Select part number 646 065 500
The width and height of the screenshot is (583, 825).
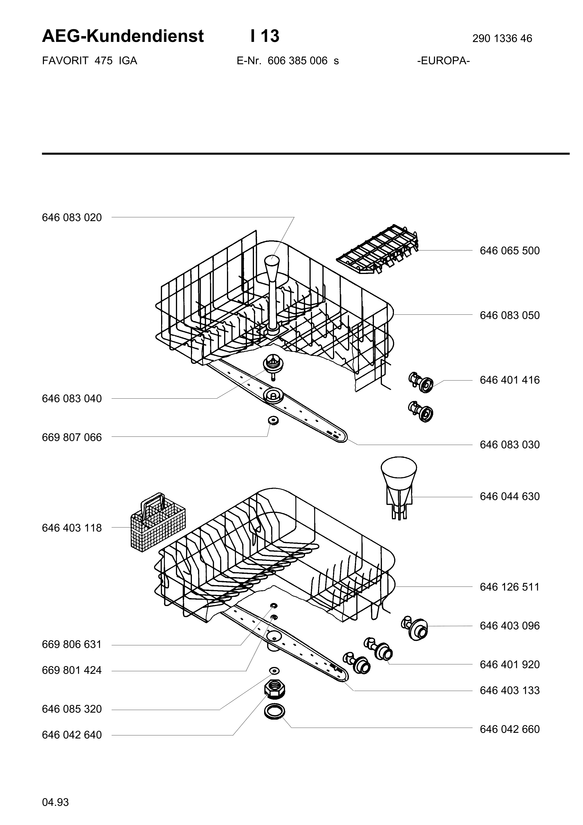[x=510, y=251]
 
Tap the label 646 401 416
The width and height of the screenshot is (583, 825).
[x=510, y=380]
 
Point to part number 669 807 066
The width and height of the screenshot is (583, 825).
[x=72, y=438]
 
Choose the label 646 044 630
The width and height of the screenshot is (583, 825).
[x=510, y=497]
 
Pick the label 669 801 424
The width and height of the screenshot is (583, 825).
[x=72, y=670]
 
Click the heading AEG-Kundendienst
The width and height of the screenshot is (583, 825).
[x=123, y=36]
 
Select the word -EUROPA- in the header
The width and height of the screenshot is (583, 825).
[x=444, y=61]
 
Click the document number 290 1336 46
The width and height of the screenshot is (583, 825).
[x=502, y=38]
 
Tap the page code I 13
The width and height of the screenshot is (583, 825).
[x=265, y=36]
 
